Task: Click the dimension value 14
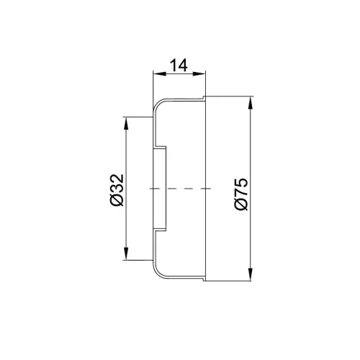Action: (179, 66)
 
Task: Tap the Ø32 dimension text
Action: (117, 190)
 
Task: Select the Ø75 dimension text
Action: (241, 194)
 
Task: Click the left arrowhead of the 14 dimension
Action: (160, 73)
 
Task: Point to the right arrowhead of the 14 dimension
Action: (199, 73)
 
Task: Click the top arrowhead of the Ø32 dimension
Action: (126, 124)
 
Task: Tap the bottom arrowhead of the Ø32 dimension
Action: (126, 253)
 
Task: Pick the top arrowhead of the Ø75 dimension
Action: (251, 103)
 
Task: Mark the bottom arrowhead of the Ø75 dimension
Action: (251, 274)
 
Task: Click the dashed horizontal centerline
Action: (180, 189)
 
